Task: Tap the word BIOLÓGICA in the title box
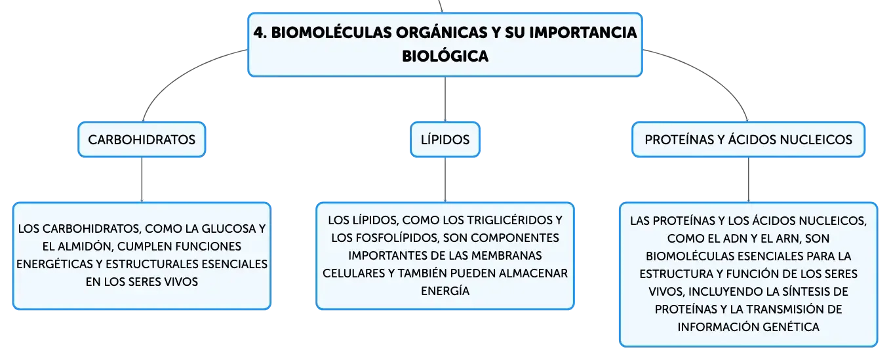[x=445, y=56]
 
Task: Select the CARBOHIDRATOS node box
[x=142, y=140]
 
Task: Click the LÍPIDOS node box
[x=445, y=140]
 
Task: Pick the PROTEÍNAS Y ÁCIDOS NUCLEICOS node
[x=748, y=140]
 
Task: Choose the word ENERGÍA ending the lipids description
[x=445, y=291]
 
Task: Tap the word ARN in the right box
[x=787, y=239]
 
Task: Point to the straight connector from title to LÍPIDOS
[x=445, y=100]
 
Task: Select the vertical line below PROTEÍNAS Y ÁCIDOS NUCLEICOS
[x=749, y=180]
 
